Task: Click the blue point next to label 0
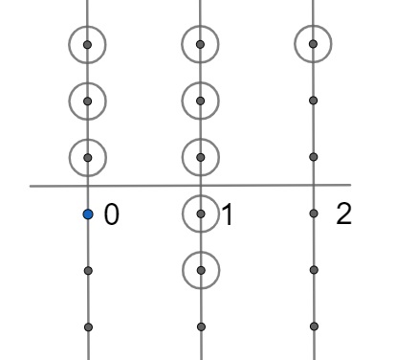[88, 214]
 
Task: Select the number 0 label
[110, 215]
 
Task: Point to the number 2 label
[344, 214]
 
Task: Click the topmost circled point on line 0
[88, 44]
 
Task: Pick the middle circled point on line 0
[88, 99]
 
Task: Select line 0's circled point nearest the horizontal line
[88, 154]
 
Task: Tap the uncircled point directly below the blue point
[88, 271]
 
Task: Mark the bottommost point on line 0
[88, 326]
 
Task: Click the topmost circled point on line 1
[200, 44]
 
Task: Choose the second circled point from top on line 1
[200, 99]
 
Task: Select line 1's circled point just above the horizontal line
[200, 154]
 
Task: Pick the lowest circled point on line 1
[200, 270]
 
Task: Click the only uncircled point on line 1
[200, 326]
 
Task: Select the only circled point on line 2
[314, 43]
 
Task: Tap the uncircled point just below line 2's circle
[314, 99]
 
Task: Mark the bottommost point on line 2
[314, 326]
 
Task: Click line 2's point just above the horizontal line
[314, 154]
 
